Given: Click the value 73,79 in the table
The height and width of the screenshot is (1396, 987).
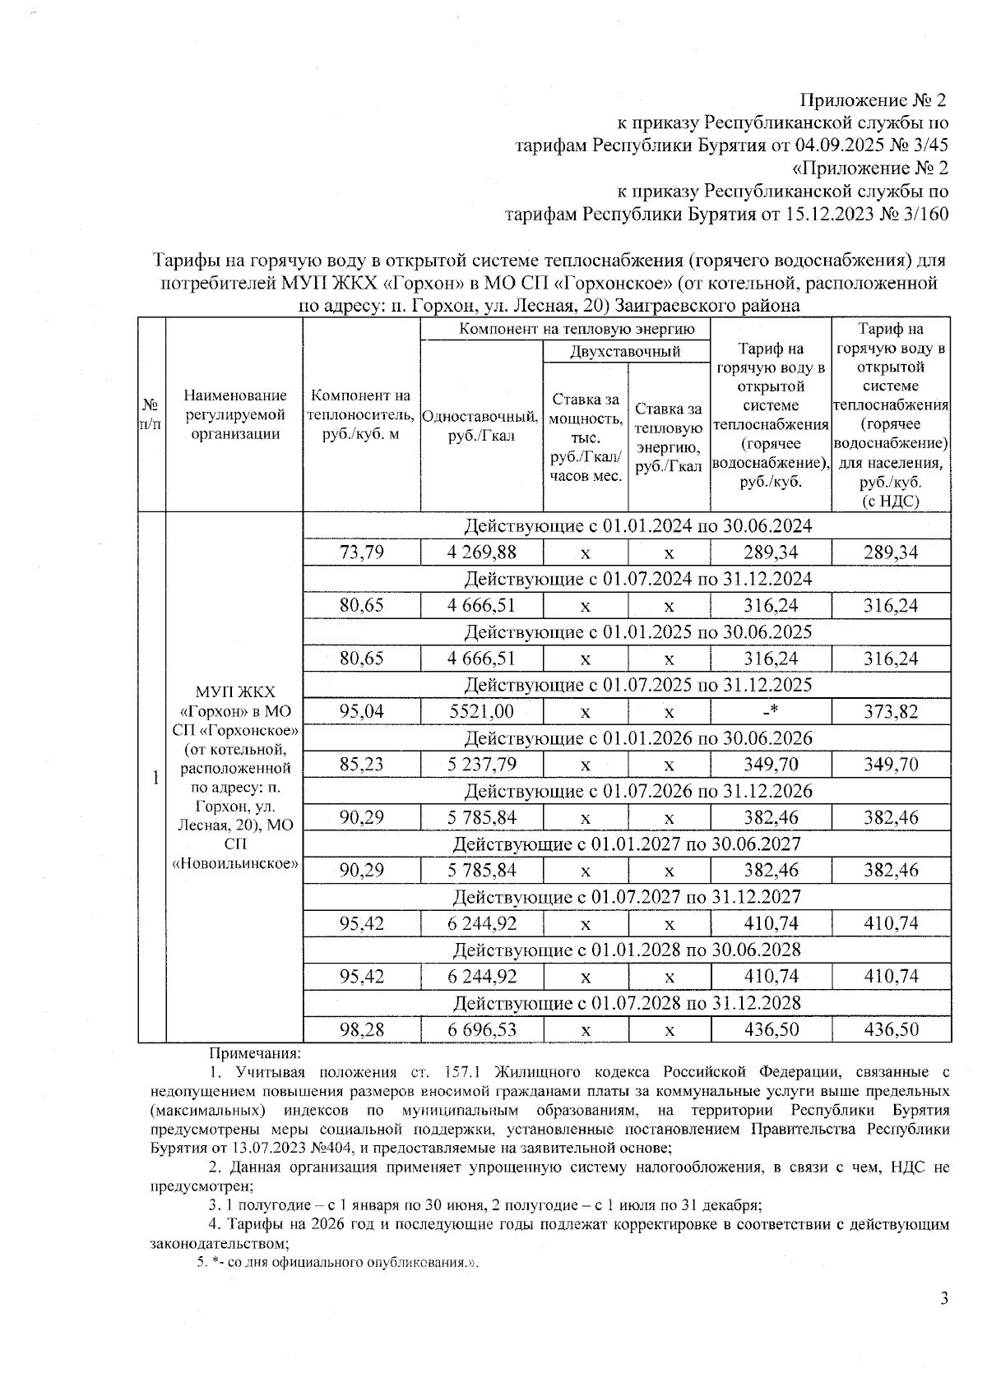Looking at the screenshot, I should [362, 552].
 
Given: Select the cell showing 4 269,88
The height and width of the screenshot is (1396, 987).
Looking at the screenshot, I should [482, 552].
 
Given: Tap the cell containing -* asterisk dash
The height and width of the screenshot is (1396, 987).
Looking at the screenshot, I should [771, 712].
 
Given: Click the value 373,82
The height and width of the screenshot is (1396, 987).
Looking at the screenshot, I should [891, 712].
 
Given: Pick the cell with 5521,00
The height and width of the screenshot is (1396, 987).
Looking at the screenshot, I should [482, 712].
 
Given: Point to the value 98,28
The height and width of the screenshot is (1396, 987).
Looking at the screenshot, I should [362, 1029].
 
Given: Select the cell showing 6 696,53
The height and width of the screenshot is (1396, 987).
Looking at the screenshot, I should [482, 1029].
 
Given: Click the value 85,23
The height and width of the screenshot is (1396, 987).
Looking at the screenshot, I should [362, 765].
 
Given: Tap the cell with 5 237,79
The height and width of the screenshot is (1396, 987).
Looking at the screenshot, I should [482, 765].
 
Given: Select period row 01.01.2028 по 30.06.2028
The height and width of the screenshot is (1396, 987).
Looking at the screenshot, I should [627, 950].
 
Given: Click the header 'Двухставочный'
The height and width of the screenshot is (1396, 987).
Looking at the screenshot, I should [626, 352].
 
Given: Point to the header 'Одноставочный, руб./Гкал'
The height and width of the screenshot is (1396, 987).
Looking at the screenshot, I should [481, 426].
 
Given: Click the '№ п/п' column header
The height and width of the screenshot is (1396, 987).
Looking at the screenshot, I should [151, 414].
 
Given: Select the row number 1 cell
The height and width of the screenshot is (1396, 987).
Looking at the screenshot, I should [154, 778].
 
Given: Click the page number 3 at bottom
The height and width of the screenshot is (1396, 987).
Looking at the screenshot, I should [944, 1300].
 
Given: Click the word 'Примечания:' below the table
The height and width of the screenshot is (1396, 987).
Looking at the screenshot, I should [256, 1052].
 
